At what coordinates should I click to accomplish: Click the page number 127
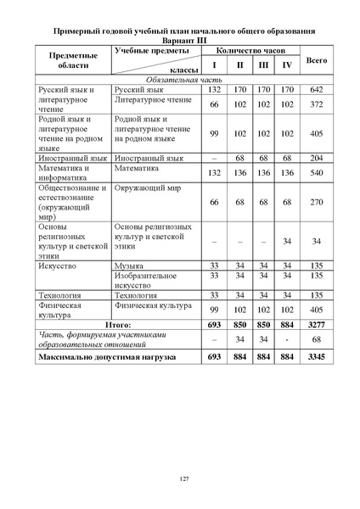point(183,480)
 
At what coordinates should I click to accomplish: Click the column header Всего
point(317,60)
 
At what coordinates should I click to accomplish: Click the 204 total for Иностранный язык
point(317,158)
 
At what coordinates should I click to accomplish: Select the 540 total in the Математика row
point(317,172)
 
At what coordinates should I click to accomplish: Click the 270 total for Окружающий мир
point(317,203)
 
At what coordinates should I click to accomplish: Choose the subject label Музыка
point(129,266)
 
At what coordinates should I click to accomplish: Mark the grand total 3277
point(317,324)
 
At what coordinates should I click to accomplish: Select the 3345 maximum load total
point(317,359)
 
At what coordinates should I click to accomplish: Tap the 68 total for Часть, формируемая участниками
point(317,340)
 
